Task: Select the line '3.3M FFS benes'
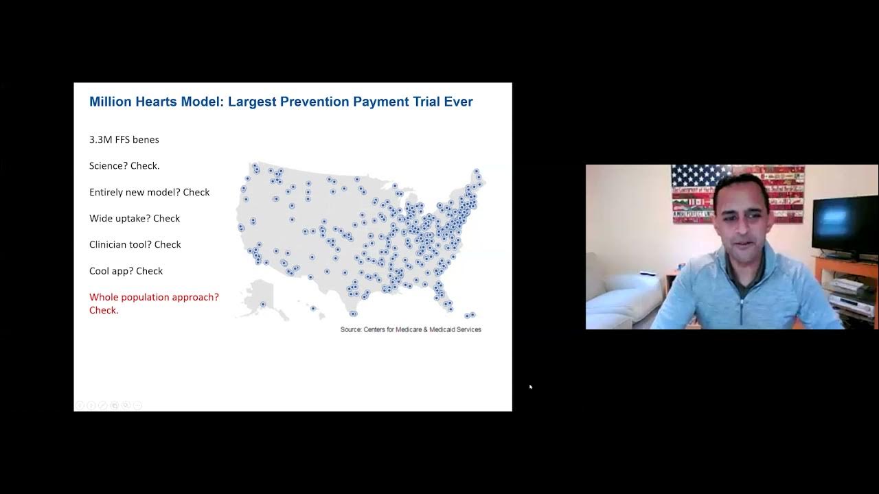coord(124,139)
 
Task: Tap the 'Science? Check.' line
coord(124,166)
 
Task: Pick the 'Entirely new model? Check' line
coord(150,192)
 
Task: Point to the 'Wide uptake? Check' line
coord(135,218)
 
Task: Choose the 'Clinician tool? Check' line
coord(135,244)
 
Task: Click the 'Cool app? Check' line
coord(126,271)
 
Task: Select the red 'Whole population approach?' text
coord(154,297)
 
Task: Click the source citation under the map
coord(411,330)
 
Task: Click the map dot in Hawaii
coord(313,309)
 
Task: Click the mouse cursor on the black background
coord(531,387)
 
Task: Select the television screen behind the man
coord(845,224)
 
